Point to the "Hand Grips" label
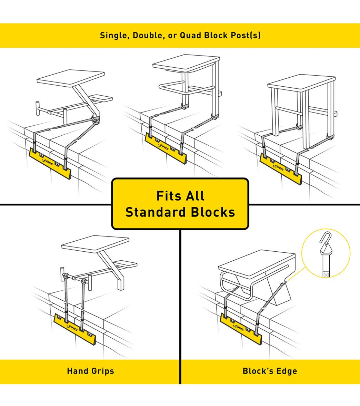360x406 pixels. (90, 371)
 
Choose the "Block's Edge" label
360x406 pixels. (270, 371)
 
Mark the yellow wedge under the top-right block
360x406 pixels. (281, 169)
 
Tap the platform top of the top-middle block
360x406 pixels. (186, 62)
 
